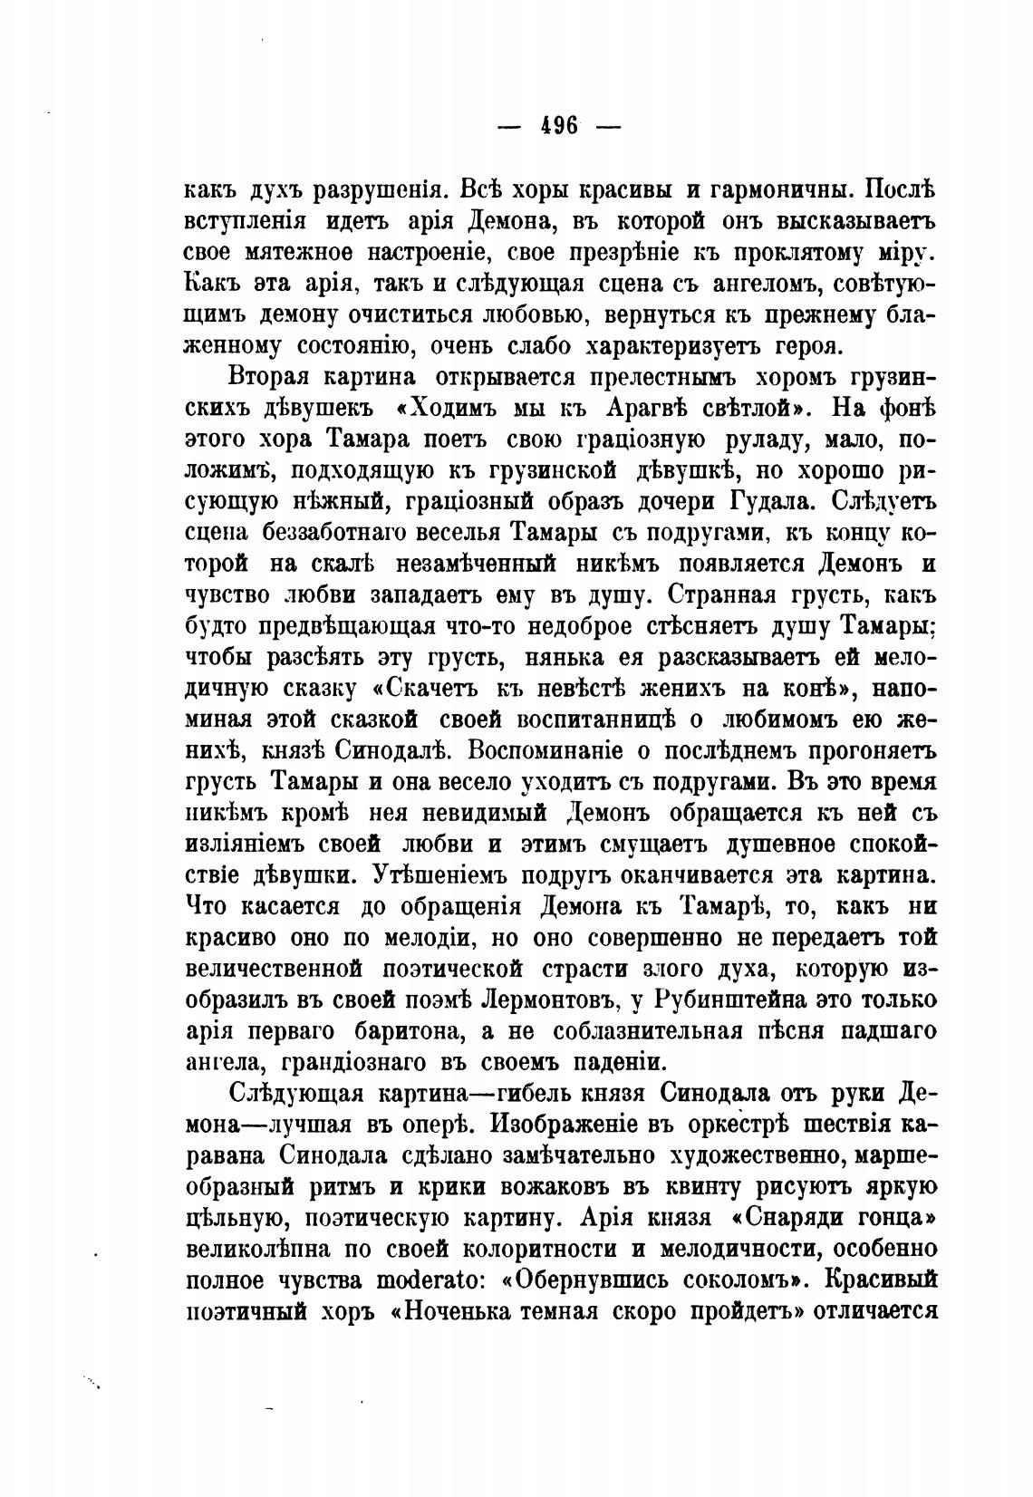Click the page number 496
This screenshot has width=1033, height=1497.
(560, 126)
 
